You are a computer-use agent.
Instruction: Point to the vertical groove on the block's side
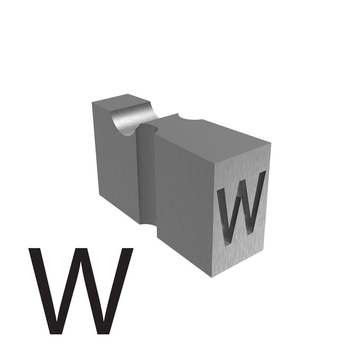coord(147,174)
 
